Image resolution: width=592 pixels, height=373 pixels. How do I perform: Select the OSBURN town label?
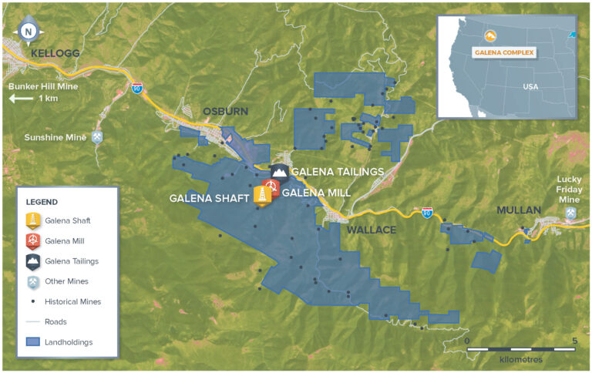tap(225, 112)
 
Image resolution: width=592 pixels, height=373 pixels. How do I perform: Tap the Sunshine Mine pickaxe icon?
tap(98, 137)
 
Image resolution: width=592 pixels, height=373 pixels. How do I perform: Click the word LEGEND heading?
tap(42, 202)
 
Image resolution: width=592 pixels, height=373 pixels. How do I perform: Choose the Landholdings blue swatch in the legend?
tap(33, 341)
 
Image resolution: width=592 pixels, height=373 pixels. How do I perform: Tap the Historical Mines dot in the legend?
tap(33, 301)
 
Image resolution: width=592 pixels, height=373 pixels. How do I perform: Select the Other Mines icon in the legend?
tap(33, 281)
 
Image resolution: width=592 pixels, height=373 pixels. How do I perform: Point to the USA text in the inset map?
tap(530, 86)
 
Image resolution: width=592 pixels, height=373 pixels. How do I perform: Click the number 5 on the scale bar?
tap(573, 340)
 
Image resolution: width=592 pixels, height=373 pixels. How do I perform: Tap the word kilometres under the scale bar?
tap(521, 360)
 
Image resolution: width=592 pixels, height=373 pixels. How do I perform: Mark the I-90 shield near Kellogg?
tap(137, 88)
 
